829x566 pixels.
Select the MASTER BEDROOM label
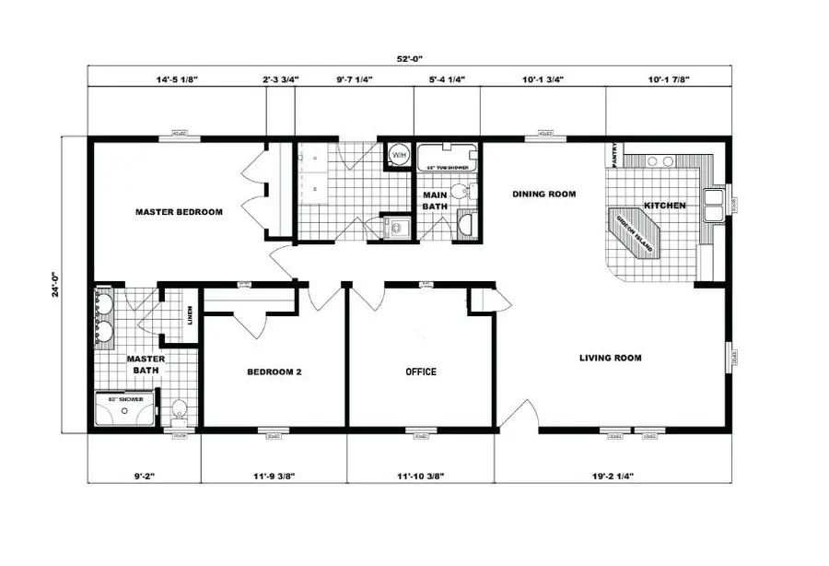[x=179, y=212]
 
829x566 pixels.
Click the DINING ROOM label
[x=543, y=195]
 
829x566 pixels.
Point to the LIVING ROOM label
[x=610, y=358]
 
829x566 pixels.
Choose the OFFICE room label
[x=421, y=372]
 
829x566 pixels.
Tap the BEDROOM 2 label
[x=274, y=372]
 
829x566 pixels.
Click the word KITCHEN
[x=664, y=205]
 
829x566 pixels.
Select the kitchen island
[x=635, y=230]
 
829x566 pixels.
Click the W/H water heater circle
[x=399, y=156]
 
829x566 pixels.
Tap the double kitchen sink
[x=714, y=205]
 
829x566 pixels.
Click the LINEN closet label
[x=190, y=316]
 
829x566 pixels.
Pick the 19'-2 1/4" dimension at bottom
[x=605, y=477]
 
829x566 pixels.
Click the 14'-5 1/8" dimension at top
[x=177, y=80]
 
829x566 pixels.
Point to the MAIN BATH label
[x=434, y=201]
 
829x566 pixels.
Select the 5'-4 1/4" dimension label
[x=447, y=80]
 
